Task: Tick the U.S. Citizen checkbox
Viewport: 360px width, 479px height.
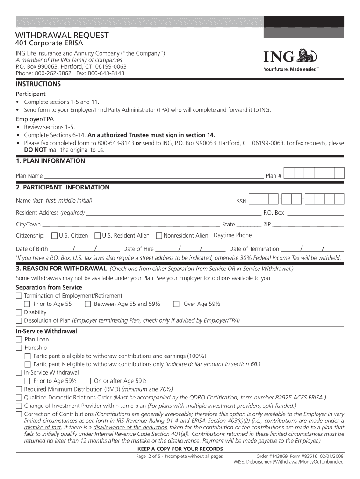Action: tap(54, 235)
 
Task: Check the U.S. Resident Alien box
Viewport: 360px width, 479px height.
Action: tap(98, 235)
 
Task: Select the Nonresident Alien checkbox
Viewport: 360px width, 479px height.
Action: tap(159, 235)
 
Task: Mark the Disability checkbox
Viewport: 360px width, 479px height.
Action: tap(19, 312)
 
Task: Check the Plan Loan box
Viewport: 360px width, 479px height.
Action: tap(19, 340)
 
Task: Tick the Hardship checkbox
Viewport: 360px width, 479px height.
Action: tap(19, 348)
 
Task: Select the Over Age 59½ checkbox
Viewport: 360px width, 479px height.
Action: tap(176, 304)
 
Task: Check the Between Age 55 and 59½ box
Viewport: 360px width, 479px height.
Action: tap(87, 304)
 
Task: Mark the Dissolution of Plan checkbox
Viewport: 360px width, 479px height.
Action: tap(19, 321)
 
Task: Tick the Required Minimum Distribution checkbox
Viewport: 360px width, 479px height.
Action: tap(19, 389)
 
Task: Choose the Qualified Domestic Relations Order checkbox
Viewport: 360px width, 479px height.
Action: tap(19, 398)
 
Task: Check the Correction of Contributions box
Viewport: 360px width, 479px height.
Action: tap(19, 414)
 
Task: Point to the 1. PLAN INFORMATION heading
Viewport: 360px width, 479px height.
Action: tap(50, 161)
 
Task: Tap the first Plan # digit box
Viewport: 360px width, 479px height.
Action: tap(288, 174)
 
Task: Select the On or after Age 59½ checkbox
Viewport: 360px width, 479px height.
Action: tap(87, 381)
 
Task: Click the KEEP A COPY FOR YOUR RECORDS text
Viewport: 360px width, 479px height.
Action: tap(180, 449)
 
